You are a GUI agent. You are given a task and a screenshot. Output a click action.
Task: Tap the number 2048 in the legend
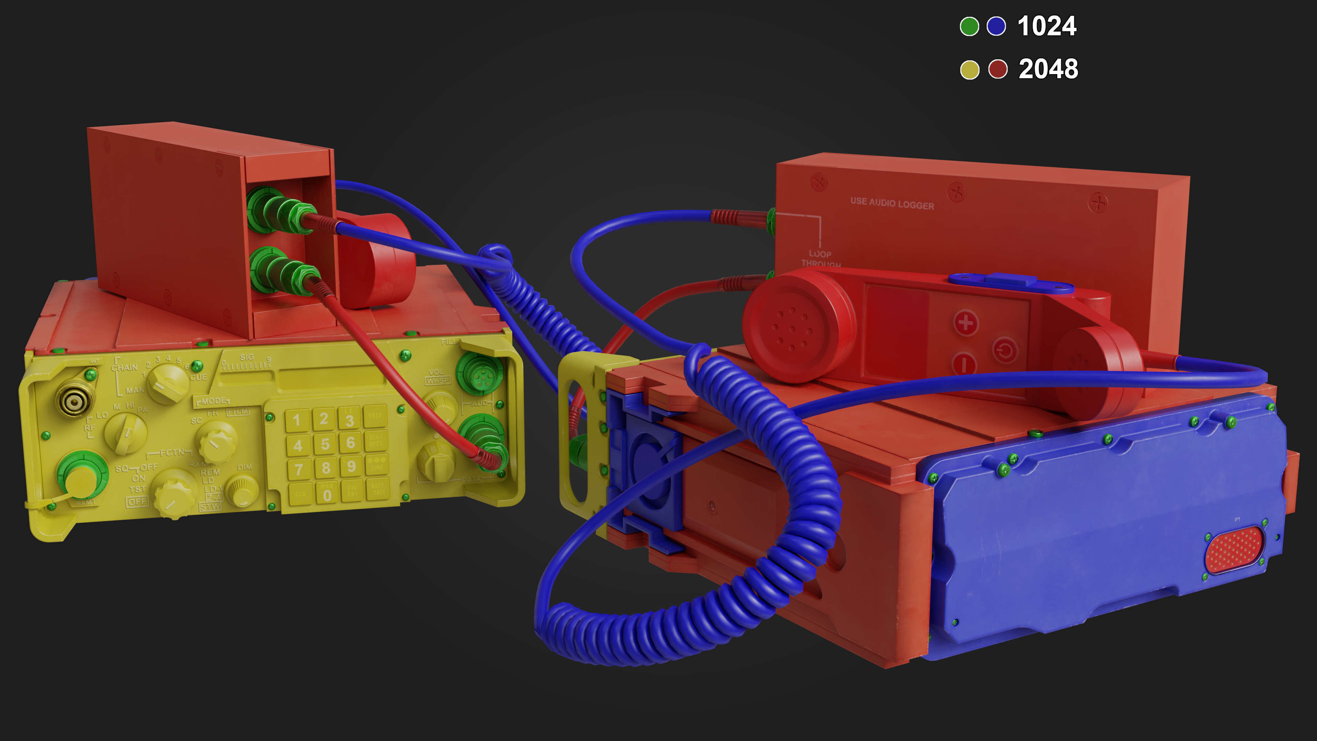pyautogui.click(x=1048, y=69)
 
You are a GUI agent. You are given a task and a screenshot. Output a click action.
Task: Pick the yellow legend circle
pyautogui.click(x=969, y=70)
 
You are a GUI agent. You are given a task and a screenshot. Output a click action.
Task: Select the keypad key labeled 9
pyautogui.click(x=351, y=466)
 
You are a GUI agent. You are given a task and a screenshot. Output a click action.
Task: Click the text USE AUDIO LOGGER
pyautogui.click(x=892, y=203)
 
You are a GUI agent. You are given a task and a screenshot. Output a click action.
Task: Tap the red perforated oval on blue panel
pyautogui.click(x=1234, y=550)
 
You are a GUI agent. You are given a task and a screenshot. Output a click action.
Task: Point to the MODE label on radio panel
pyautogui.click(x=213, y=401)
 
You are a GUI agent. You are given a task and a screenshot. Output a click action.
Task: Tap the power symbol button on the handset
pyautogui.click(x=1005, y=351)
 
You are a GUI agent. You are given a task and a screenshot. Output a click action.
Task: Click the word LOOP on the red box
pyautogui.click(x=820, y=254)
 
